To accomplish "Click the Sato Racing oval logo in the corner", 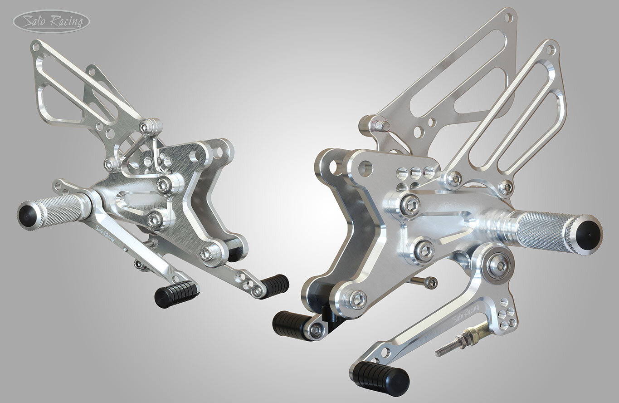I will pos(51,22).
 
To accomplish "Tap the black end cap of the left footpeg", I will pos(27,214).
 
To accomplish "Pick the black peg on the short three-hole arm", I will pos(275,284).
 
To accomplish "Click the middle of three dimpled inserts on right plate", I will pos(415,172).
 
